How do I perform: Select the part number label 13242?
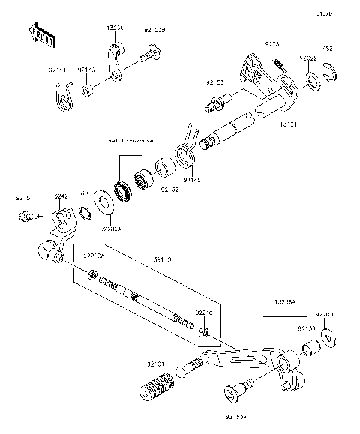point(60,196)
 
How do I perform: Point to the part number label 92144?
point(57,70)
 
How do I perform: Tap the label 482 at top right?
point(328,49)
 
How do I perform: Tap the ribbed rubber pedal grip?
point(154,391)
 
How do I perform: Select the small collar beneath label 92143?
point(88,91)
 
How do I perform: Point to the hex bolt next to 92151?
point(27,217)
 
